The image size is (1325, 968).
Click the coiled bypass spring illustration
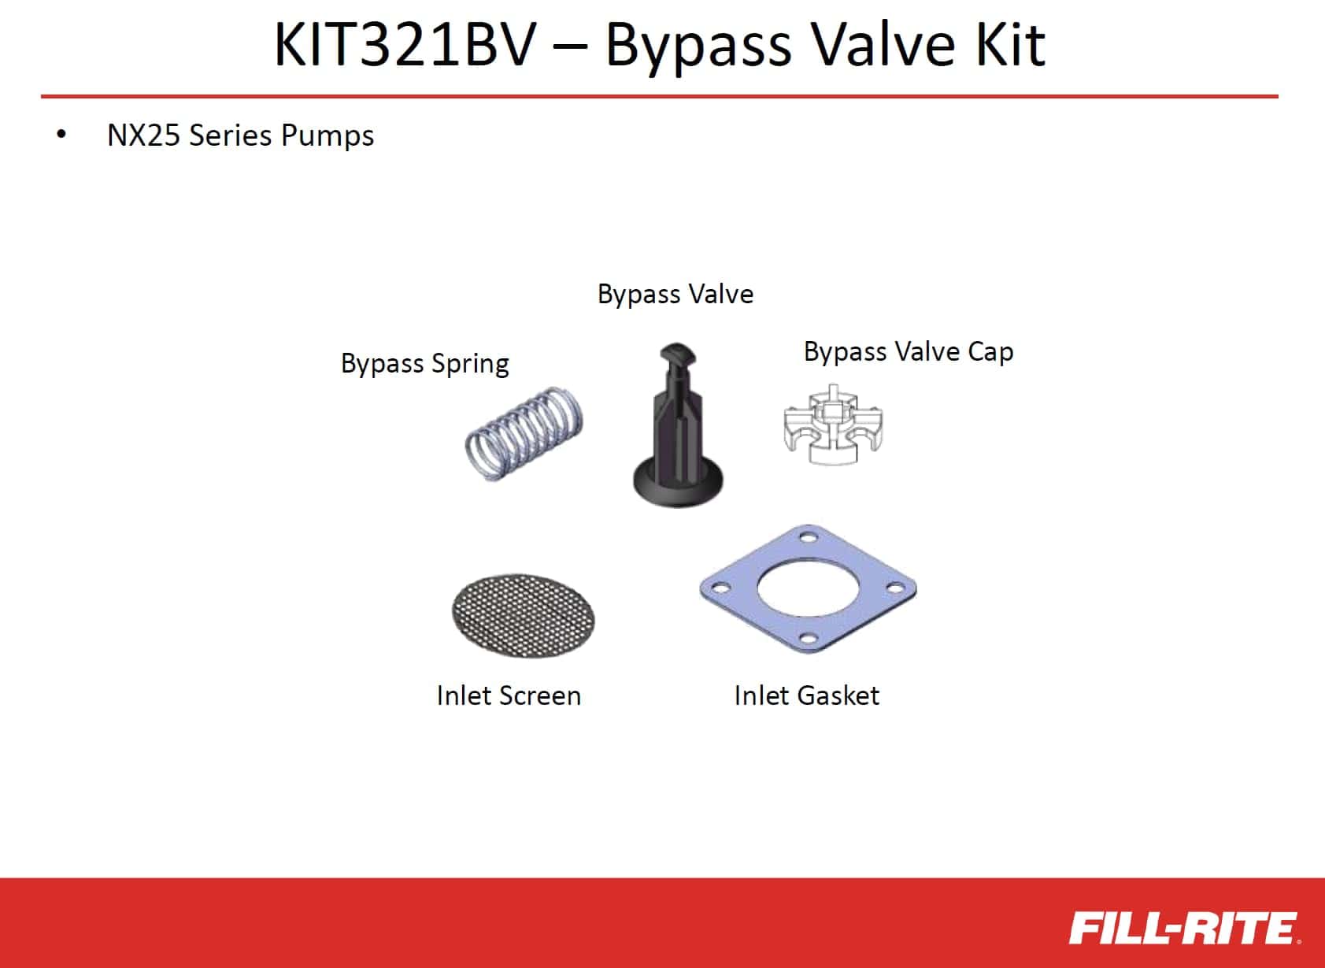(x=524, y=434)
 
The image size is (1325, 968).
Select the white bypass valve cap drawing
(x=834, y=425)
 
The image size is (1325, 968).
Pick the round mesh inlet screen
(x=524, y=616)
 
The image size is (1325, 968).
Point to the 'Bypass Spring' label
(x=424, y=364)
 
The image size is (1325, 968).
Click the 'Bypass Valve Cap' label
(x=909, y=352)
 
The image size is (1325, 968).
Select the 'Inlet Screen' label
(x=509, y=695)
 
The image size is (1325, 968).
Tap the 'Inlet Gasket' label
(x=807, y=695)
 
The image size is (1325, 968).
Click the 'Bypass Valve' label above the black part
(x=675, y=295)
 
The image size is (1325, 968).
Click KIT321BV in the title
(x=405, y=45)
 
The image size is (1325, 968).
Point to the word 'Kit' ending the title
(x=1011, y=45)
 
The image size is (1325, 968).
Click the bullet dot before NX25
(x=61, y=135)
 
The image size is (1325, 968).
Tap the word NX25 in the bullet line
(x=144, y=135)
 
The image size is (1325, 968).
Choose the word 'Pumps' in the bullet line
(x=328, y=136)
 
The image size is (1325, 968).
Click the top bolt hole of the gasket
(x=809, y=538)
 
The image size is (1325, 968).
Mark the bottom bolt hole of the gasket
(x=807, y=639)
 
